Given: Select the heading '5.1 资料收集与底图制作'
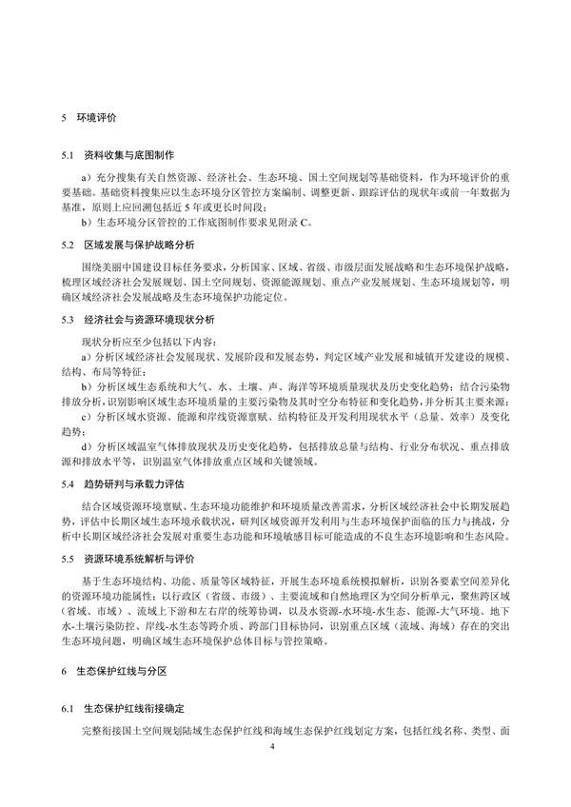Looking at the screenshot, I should coord(123,154).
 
